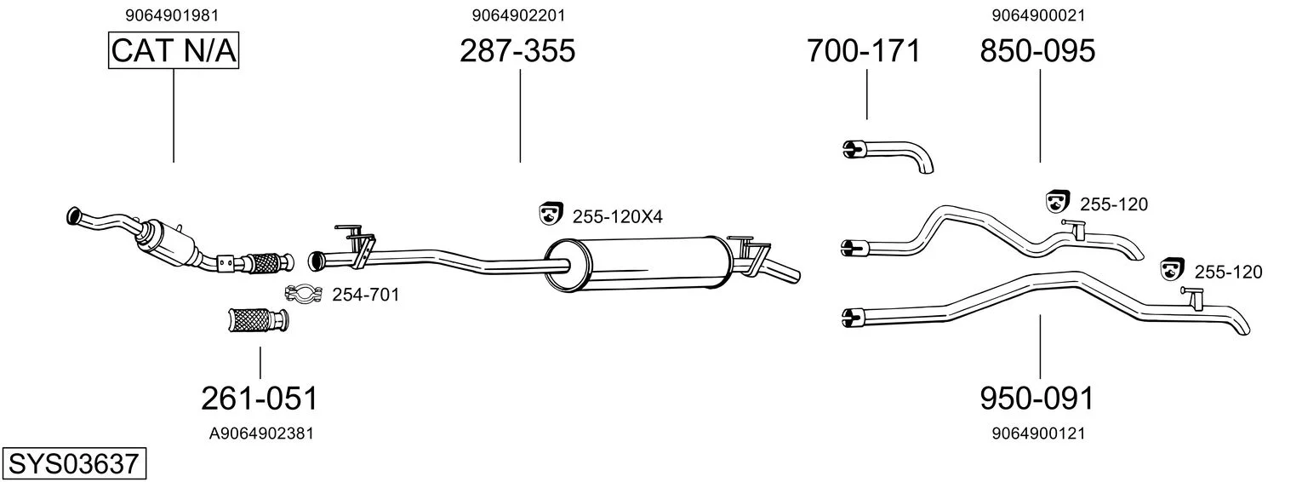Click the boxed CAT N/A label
[x=174, y=50]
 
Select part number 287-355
[x=517, y=50]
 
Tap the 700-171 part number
[x=863, y=50]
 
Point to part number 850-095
[x=1037, y=50]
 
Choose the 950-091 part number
[x=1037, y=399]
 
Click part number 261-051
[x=260, y=399]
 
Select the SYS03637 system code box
[x=74, y=463]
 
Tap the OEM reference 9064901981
[x=172, y=15]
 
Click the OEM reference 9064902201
[x=518, y=15]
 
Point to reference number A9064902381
[x=261, y=433]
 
